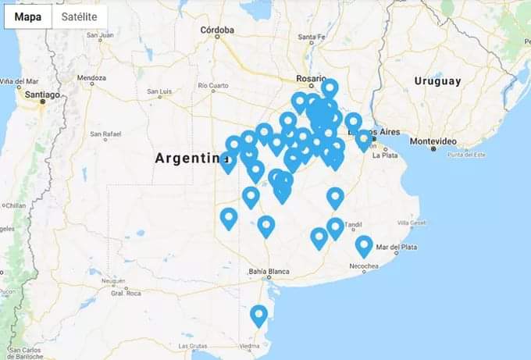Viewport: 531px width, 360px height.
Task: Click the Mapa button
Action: (28, 16)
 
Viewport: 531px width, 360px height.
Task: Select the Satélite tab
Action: (80, 16)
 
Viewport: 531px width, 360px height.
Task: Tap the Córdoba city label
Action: (217, 30)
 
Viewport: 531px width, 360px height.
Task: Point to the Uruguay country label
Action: (437, 81)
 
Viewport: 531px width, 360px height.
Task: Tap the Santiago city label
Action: (41, 94)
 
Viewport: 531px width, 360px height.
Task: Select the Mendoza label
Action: (91, 78)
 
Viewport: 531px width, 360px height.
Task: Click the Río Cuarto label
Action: (213, 85)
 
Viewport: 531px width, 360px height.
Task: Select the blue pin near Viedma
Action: (258, 315)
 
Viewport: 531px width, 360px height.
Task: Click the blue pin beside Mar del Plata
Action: (364, 245)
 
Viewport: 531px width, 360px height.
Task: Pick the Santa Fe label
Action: (311, 37)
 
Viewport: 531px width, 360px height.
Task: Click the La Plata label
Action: (386, 155)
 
